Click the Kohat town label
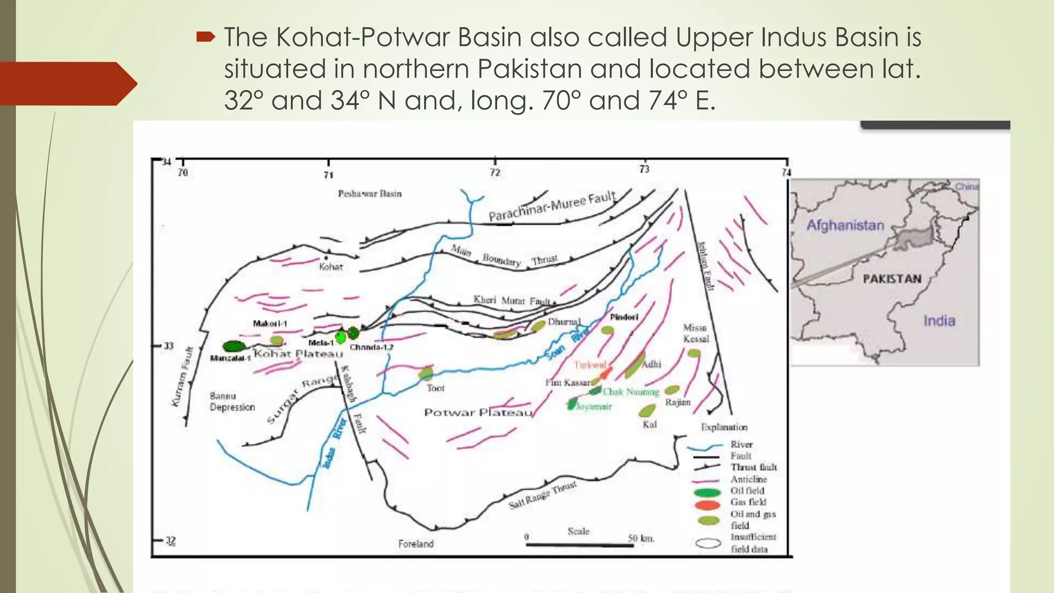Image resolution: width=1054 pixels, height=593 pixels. (330, 267)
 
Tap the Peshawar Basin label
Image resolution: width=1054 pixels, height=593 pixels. (370, 194)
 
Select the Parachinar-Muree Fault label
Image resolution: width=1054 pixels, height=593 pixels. (551, 206)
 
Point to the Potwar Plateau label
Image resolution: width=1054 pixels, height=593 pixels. (478, 412)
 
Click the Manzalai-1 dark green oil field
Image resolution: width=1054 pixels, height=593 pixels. (234, 346)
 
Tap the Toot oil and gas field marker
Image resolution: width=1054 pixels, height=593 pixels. (426, 373)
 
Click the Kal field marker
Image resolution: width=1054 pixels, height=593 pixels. (647, 411)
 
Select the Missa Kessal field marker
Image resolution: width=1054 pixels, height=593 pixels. (694, 353)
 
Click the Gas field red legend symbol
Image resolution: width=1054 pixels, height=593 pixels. (708, 504)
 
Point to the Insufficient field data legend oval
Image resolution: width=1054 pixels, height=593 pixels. (708, 543)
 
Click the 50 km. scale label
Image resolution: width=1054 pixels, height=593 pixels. (641, 538)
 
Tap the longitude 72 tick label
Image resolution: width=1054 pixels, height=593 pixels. (495, 172)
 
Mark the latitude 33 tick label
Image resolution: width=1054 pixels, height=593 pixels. (168, 346)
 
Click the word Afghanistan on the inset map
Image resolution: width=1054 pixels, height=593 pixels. (845, 225)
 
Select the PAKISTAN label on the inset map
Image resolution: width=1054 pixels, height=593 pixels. (892, 279)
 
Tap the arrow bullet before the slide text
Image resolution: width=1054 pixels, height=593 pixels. (205, 37)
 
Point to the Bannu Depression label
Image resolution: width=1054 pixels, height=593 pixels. (232, 402)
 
